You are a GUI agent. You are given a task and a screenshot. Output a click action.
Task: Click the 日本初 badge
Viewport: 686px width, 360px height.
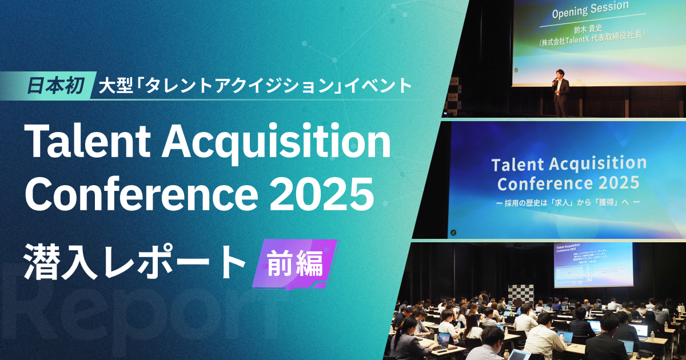point(55,86)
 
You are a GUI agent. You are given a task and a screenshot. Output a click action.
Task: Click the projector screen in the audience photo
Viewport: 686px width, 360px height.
point(593,264)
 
